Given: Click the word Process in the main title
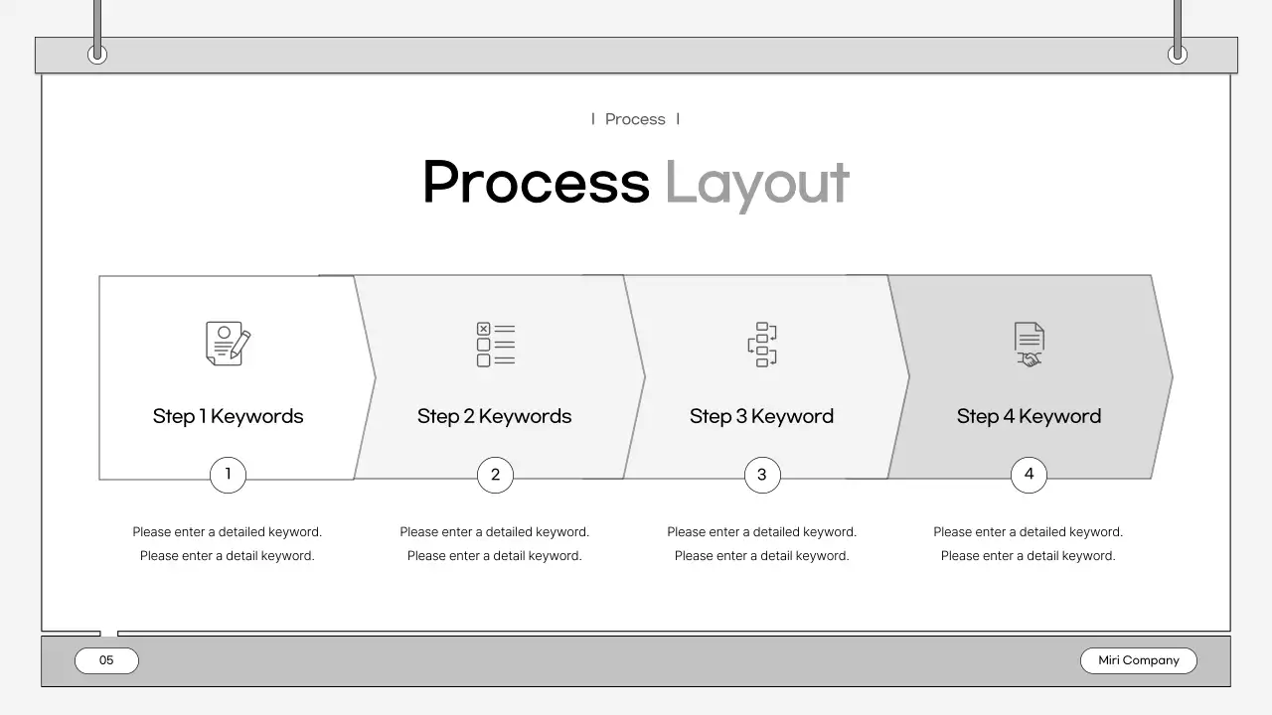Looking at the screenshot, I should coord(536,183).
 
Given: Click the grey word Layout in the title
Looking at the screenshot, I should coord(756,185).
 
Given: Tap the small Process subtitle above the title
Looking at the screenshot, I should coord(635,119).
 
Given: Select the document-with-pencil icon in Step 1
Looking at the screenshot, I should coord(228,344).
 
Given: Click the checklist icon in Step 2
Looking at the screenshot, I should coord(495,345).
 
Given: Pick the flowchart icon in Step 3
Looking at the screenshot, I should coord(762,345).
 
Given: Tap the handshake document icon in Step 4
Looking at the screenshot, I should coord(1029,345).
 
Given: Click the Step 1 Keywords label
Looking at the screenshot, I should coord(228,416).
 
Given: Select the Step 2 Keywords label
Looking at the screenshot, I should coord(495,416).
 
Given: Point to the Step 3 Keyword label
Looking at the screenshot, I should coord(762,416).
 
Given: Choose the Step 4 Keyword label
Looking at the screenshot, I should coord(1029,416).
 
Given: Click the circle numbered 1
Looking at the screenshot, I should coord(228,475).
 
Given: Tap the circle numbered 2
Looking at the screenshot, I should coord(495,475).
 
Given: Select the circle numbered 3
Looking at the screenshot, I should coord(762,475).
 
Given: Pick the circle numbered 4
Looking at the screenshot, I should coord(1029,475).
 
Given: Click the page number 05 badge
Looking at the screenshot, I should coord(106,660).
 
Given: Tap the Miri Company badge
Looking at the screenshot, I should coord(1139,660).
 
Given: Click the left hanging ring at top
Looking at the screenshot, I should coord(97,55).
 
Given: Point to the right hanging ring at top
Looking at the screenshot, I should coord(1178,55).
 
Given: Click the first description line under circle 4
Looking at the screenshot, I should coord(1029,532).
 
